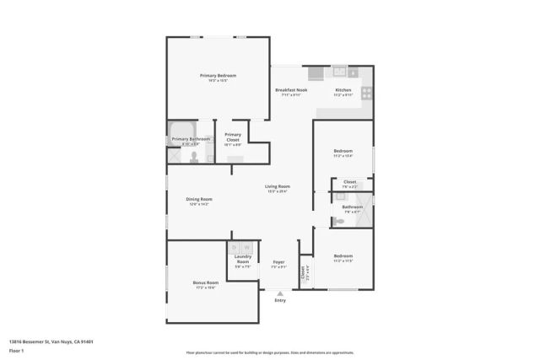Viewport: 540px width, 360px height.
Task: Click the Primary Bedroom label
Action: [x=218, y=76]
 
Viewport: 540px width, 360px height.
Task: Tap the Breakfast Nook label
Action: [x=290, y=90]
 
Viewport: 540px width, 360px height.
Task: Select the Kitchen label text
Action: [x=343, y=90]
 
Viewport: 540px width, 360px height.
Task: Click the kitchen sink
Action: [x=339, y=72]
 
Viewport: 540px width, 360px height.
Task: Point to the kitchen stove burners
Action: [x=367, y=92]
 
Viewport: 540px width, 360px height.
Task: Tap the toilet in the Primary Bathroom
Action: [x=193, y=157]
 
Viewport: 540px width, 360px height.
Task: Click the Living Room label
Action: [x=278, y=186]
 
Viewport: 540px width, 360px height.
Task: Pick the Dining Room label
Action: [x=199, y=199]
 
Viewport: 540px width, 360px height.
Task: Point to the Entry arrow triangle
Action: [x=280, y=293]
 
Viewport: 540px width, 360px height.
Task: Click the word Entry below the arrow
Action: [x=280, y=301]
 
